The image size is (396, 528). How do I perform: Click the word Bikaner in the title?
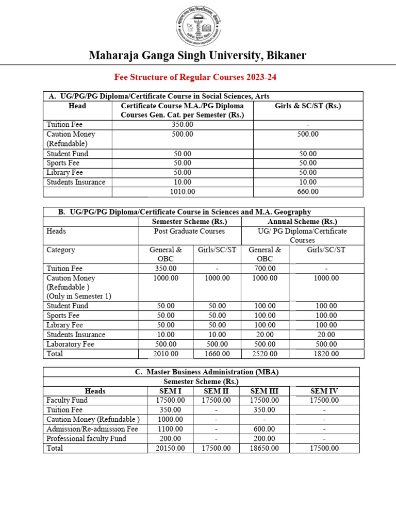pos(283,55)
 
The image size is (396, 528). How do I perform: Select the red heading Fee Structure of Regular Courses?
pos(195,78)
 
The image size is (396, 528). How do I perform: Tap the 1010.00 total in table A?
pos(183,192)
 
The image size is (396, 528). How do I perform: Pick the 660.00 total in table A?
pos(308,192)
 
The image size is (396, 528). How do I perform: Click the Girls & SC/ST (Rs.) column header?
pos(308,106)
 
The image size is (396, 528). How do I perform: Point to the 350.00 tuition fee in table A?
pos(183,125)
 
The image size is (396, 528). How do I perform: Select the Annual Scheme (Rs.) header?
pos(302,222)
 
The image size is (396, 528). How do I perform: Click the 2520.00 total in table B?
pos(265,354)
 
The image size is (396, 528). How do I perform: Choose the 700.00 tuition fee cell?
pos(265,269)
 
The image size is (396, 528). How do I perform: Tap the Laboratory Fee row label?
pos(70,344)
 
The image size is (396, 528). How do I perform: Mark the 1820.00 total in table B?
pos(326,354)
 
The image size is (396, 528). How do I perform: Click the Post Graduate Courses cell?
pos(190,231)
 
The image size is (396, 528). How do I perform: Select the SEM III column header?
pos(265,391)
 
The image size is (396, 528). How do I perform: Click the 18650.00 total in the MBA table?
pos(265,448)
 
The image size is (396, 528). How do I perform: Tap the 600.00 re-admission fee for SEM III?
pos(265,429)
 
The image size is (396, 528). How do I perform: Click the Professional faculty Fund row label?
pos(86,438)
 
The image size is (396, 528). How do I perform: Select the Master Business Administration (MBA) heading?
pos(201,372)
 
